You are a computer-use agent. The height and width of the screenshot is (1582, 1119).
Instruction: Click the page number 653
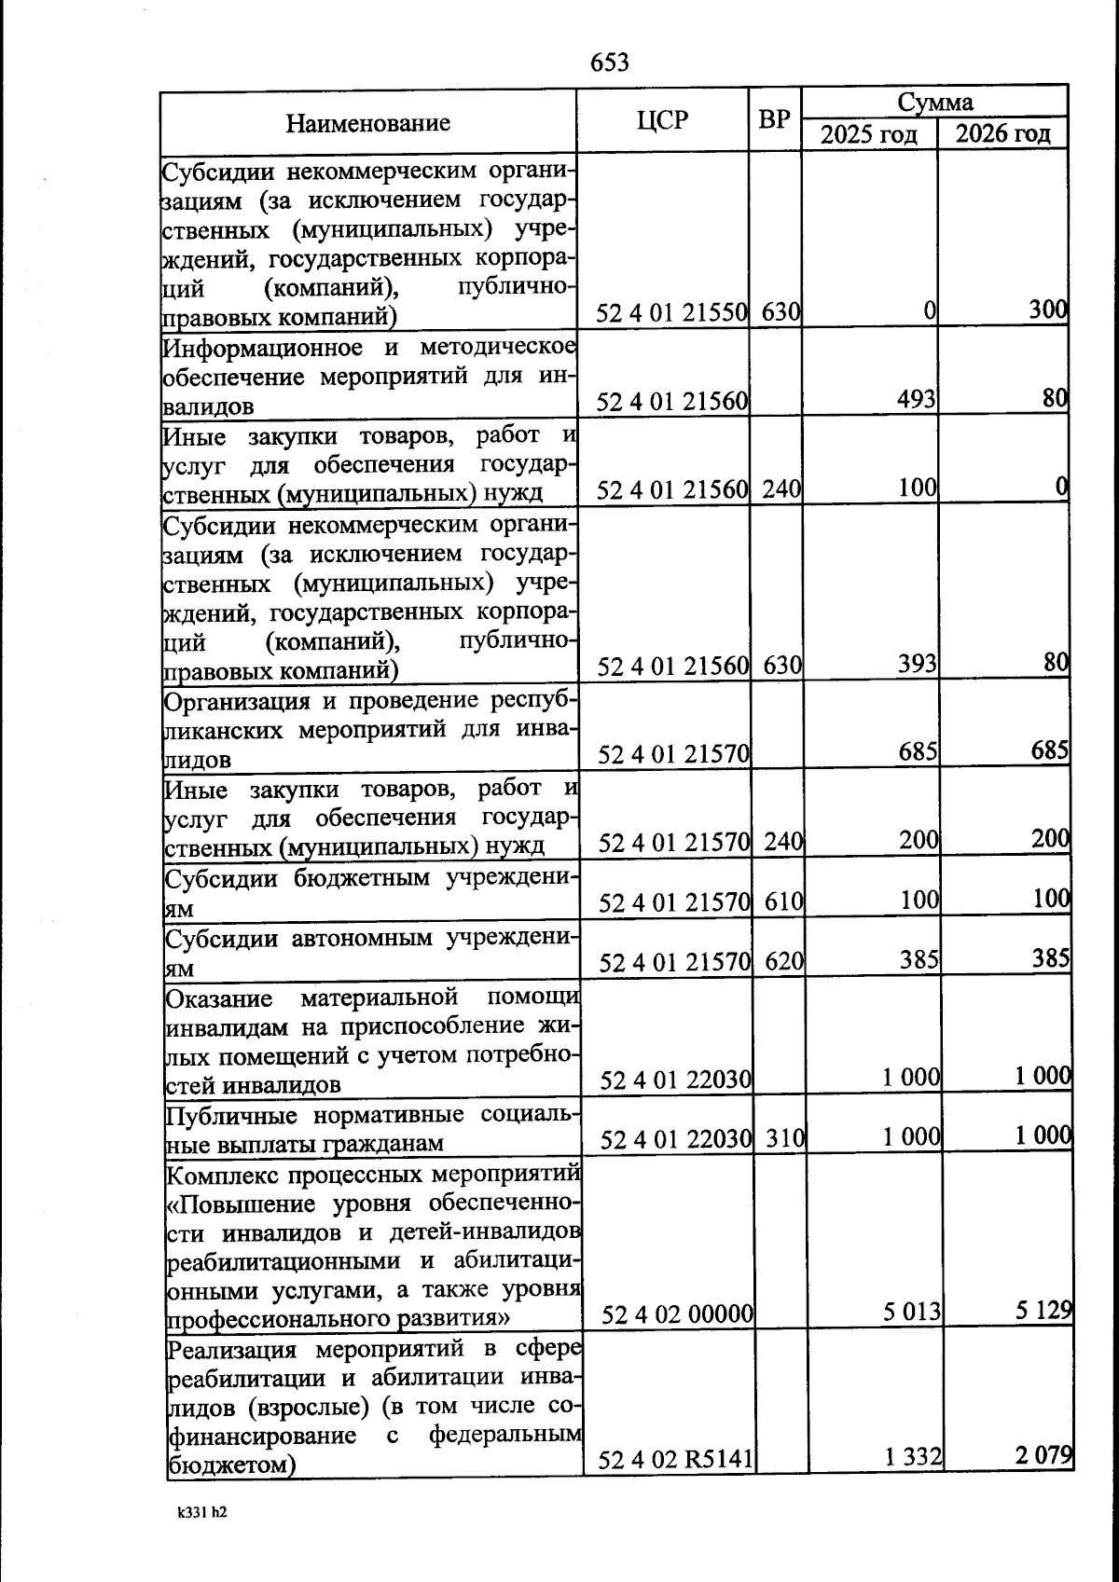(610, 62)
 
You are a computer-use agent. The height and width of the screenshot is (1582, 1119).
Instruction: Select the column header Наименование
(367, 123)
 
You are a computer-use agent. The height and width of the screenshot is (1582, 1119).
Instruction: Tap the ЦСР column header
(662, 120)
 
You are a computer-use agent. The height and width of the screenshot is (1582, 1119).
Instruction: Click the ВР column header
(774, 119)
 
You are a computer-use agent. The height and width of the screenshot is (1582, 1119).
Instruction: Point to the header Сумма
(934, 102)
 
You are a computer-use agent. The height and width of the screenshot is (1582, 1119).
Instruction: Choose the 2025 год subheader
(869, 134)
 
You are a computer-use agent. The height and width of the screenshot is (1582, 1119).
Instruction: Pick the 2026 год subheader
(1002, 133)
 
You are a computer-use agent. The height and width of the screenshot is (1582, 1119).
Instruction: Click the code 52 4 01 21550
(671, 313)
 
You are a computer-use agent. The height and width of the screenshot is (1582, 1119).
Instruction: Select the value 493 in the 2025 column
(916, 399)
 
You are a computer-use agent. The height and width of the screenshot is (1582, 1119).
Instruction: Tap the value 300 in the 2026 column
(1047, 310)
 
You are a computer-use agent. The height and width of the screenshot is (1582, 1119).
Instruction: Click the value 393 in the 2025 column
(917, 664)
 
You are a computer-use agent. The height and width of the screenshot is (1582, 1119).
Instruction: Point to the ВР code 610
(783, 901)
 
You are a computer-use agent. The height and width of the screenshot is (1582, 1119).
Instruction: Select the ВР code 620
(783, 961)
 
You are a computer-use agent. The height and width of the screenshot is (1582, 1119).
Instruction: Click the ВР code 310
(784, 1138)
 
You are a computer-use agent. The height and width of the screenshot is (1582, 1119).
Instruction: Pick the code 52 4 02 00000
(676, 1314)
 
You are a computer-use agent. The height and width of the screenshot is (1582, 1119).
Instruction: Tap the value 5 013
(911, 1313)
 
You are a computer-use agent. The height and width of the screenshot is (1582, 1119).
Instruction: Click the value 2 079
(1043, 1454)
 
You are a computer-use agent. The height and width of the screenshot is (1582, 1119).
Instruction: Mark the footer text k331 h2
(201, 1512)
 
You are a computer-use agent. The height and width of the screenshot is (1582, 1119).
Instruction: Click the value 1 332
(913, 1456)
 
